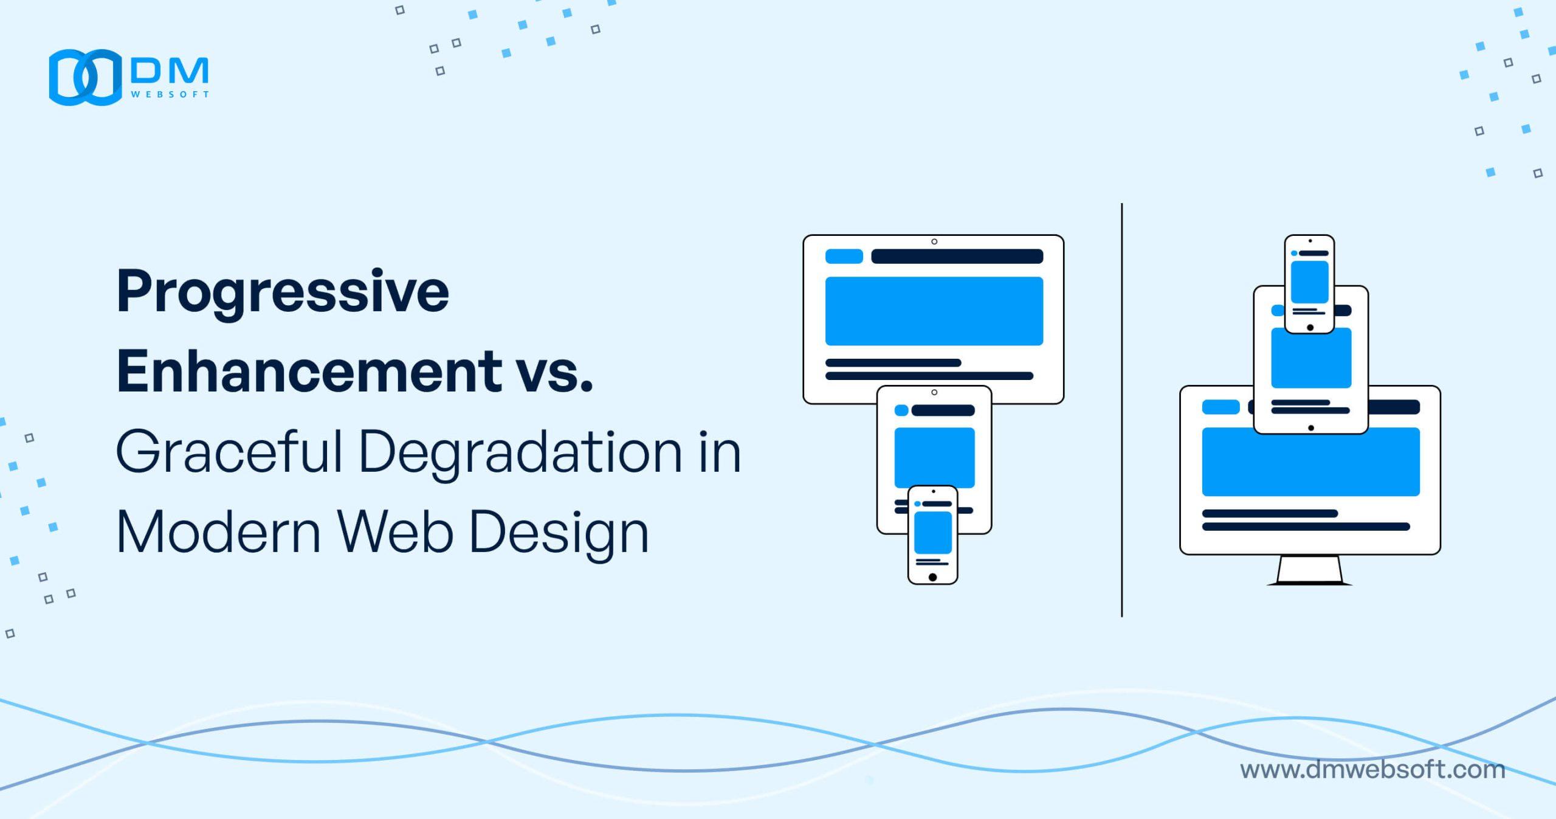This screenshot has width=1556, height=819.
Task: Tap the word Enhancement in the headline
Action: (309, 371)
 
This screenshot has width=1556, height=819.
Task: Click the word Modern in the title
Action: (218, 533)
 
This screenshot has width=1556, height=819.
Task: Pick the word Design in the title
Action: (559, 533)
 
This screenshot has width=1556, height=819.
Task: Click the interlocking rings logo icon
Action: (85, 77)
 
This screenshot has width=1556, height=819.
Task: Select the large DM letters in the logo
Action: (170, 72)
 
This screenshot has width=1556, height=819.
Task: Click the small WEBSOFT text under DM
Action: (170, 94)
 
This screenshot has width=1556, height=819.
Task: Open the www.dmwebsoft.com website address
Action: (1372, 770)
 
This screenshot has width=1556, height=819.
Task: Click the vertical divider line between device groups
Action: (1121, 410)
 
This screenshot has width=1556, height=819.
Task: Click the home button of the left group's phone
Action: (932, 577)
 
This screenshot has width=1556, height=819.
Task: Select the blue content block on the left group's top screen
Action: (934, 311)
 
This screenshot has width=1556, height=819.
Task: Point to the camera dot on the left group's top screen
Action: (934, 241)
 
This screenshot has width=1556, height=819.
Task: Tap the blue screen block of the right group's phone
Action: (1309, 282)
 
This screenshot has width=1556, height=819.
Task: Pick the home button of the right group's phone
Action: (1310, 328)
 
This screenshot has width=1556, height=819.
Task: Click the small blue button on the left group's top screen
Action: (844, 257)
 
